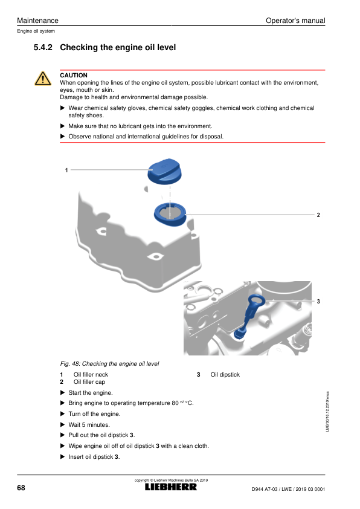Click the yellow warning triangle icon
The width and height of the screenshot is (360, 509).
pos(43,79)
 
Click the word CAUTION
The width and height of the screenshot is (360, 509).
pos(74,76)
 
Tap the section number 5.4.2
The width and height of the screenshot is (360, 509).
pos(43,47)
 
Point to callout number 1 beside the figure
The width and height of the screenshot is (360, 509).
pos(66,170)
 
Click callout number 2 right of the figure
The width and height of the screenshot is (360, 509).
pos(318,215)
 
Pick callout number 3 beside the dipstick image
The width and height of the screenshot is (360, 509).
pos(318,301)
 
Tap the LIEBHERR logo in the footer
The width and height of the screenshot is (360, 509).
pos(171,487)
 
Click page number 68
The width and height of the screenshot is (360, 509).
pos(21,488)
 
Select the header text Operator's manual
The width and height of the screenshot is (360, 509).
pos(295,21)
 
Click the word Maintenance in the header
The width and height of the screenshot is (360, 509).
pos(37,21)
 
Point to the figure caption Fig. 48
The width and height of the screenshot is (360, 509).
pos(109,363)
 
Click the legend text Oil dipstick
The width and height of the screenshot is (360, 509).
pos(225,375)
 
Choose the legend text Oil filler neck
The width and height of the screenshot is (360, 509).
pos(91,375)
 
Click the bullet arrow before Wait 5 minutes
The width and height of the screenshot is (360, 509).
pos(63,424)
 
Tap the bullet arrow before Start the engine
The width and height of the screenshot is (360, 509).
pos(63,392)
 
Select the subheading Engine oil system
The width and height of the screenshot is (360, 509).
pos(36,31)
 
